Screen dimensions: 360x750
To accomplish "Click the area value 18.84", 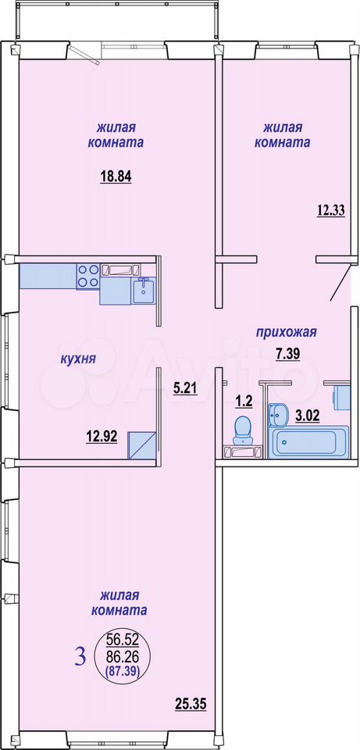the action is point(116,177).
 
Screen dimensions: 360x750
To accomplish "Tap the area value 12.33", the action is point(331,210).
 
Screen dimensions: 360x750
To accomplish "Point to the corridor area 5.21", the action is point(186,389).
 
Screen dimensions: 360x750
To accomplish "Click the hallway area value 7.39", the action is point(287,355).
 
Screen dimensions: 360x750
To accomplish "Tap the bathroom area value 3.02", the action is point(307,415).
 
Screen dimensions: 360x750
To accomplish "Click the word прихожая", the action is point(287,332).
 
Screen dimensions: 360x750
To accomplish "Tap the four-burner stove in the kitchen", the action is point(88,276).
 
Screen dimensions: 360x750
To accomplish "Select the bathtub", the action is point(308,442).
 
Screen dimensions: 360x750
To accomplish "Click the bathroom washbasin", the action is point(278,414).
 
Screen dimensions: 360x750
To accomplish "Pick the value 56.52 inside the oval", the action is point(123,640).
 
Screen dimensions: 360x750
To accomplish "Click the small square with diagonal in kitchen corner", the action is point(143,445).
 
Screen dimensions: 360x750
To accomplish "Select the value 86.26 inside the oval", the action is point(123,655).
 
